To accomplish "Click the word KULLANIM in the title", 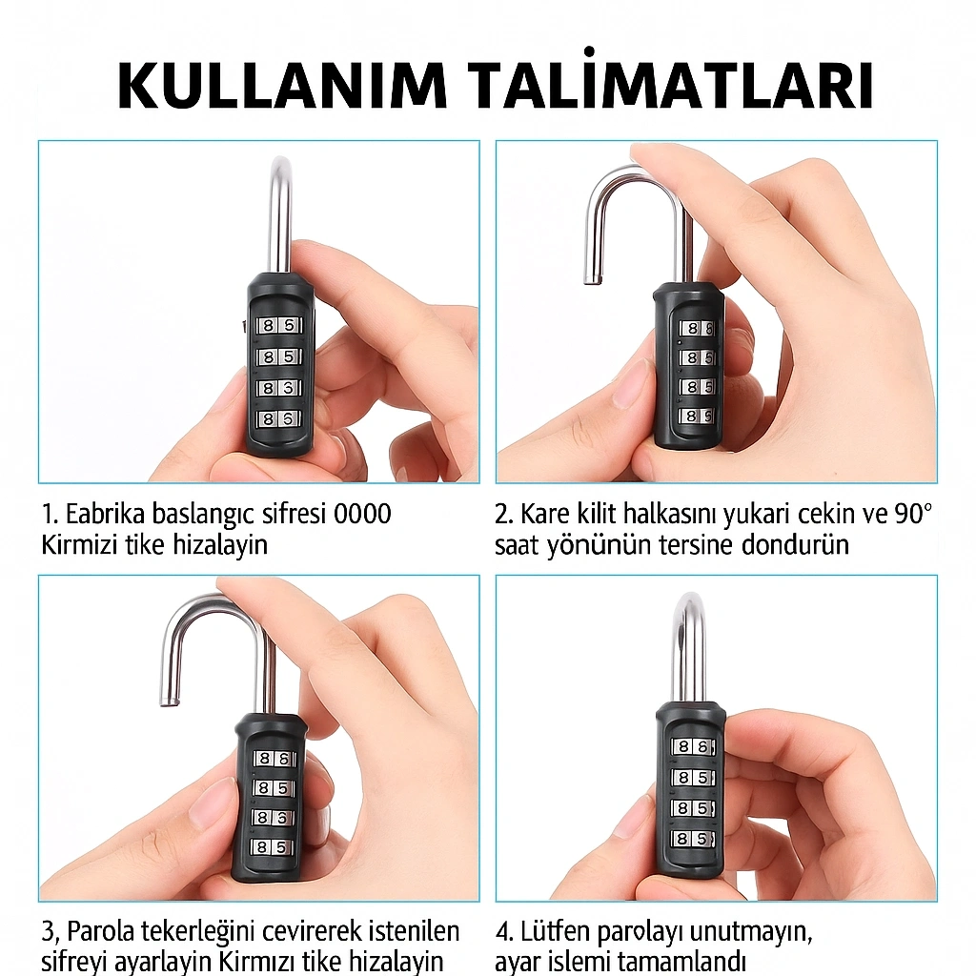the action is tap(282, 85).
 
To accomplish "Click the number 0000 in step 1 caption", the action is tap(362, 514).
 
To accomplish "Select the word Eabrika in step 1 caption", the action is tap(105, 514).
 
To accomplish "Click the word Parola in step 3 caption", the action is tap(101, 932).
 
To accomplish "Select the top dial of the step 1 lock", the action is tap(278, 326).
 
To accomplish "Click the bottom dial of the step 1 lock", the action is tap(278, 419).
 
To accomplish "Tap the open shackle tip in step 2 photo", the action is tap(591, 279).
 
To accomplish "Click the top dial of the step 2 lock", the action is tap(696, 328).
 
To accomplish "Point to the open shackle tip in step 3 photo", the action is tap(168, 701).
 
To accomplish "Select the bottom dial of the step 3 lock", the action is tap(273, 846).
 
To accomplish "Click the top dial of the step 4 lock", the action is tap(692, 746).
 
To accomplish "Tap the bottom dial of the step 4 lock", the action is tap(692, 839).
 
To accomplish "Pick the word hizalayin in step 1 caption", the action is tap(220, 545).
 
